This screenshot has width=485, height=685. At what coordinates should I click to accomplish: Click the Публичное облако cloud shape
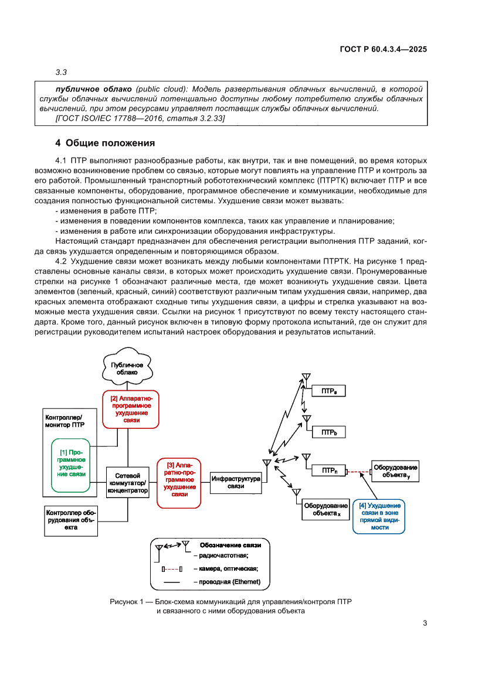127,369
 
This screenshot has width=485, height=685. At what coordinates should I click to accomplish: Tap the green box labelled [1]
72,462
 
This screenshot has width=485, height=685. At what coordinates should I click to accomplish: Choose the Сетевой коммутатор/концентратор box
127,482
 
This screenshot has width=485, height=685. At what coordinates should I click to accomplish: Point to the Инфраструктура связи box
236,482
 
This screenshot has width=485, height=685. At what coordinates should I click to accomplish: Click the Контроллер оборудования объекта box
70,520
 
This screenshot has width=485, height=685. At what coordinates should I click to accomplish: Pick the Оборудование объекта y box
396,471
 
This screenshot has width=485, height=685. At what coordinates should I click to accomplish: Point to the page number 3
425,623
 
